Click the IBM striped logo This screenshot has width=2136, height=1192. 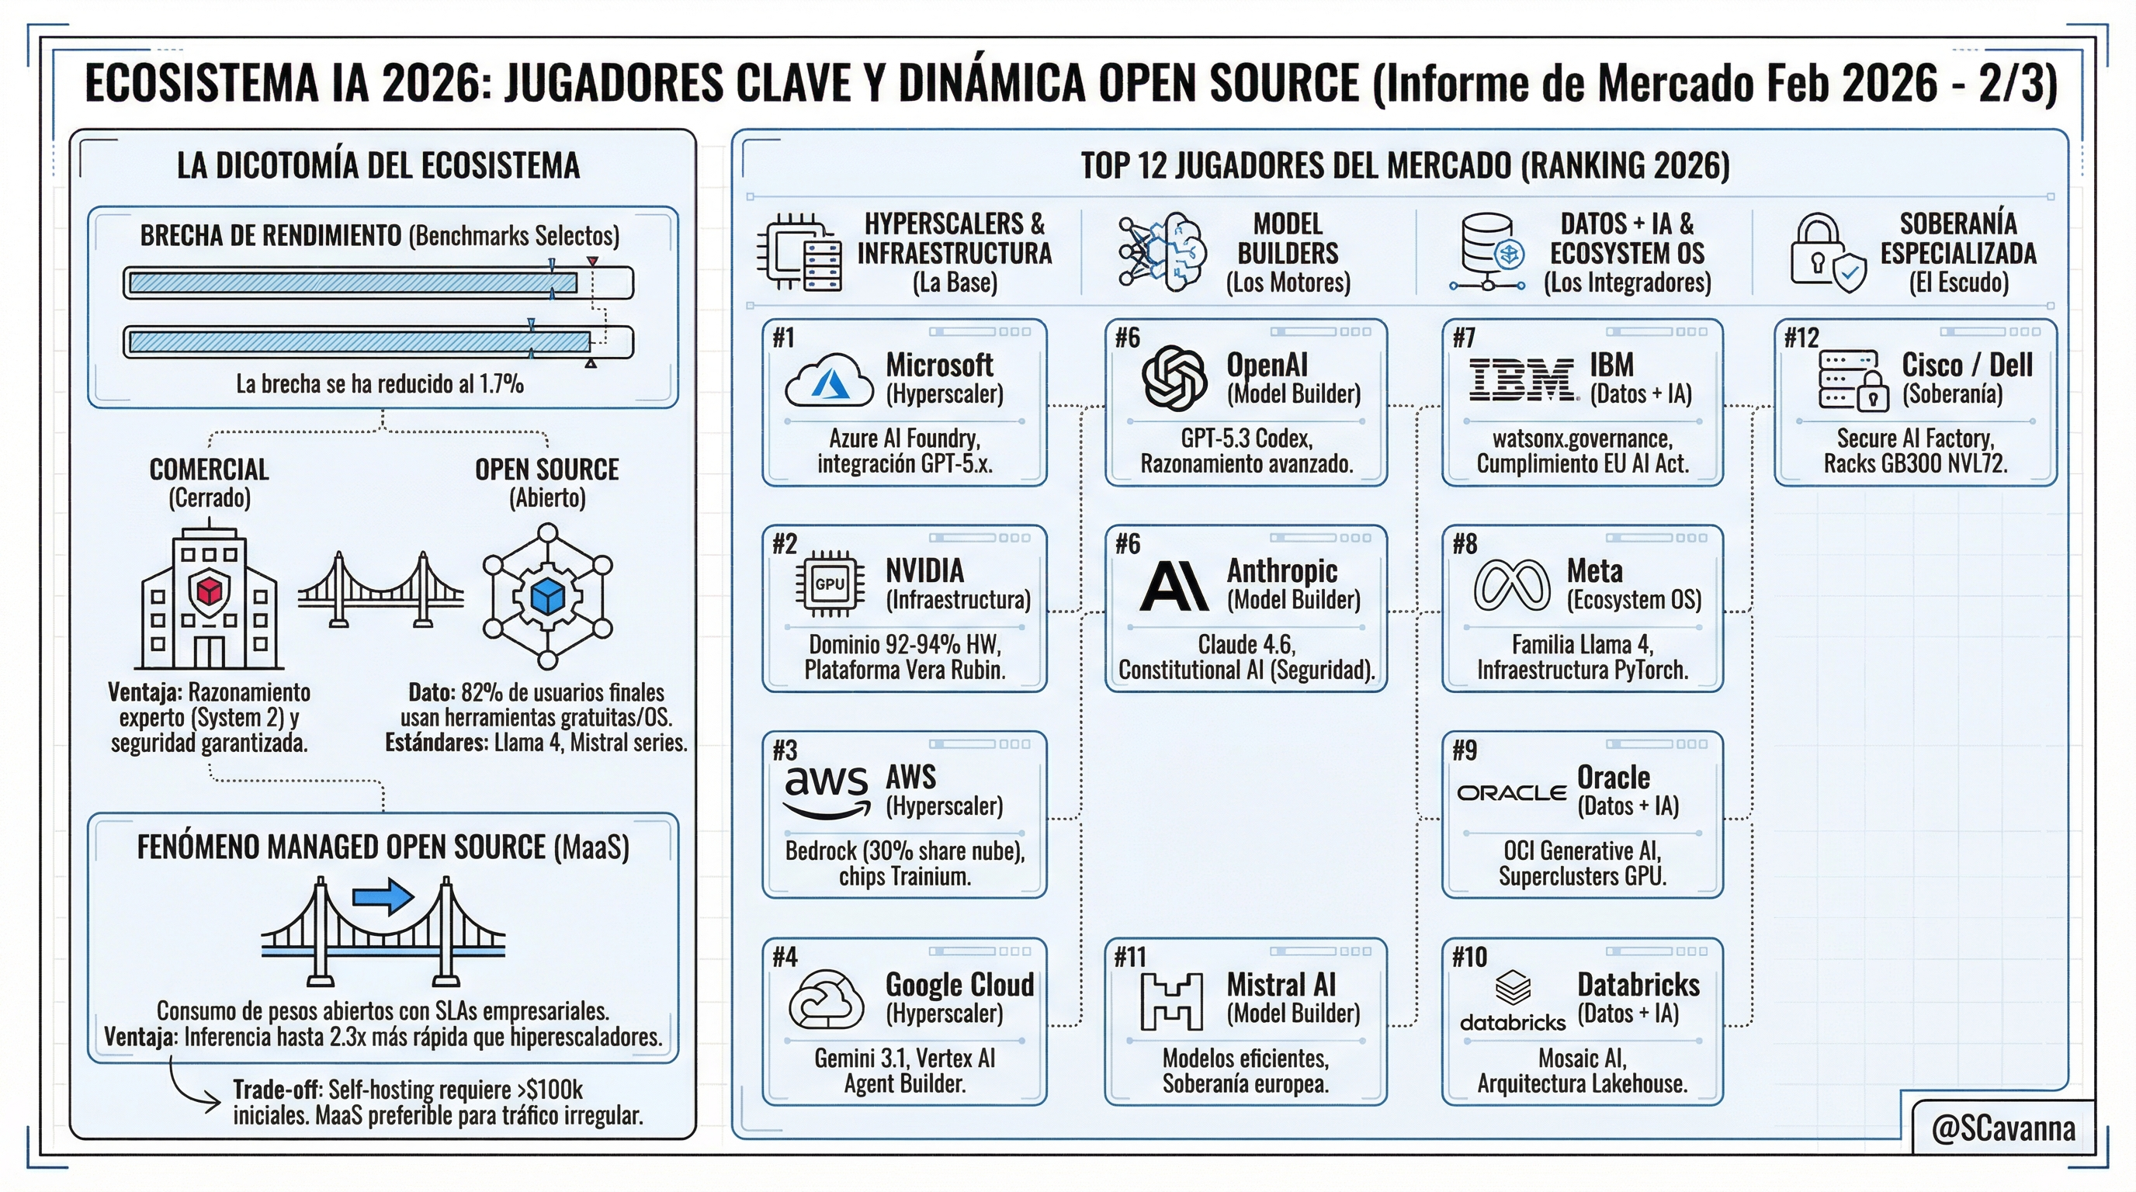pyautogui.click(x=1522, y=380)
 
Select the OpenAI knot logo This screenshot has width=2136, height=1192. pyautogui.click(x=1174, y=379)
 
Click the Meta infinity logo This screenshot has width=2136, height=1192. pyautogui.click(x=1512, y=584)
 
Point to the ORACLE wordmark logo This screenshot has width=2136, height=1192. pyautogui.click(x=1512, y=793)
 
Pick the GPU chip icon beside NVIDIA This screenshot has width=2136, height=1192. pyautogui.click(x=830, y=584)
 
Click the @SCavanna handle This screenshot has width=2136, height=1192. pyautogui.click(x=2003, y=1129)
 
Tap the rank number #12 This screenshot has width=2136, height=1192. pyautogui.click(x=1801, y=338)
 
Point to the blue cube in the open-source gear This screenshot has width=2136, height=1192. pyautogui.click(x=547, y=596)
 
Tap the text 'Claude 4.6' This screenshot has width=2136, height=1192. pyautogui.click(x=1247, y=645)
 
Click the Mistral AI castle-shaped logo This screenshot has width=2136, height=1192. pyautogui.click(x=1172, y=1000)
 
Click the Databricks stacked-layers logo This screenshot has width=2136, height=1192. pyautogui.click(x=1513, y=988)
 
